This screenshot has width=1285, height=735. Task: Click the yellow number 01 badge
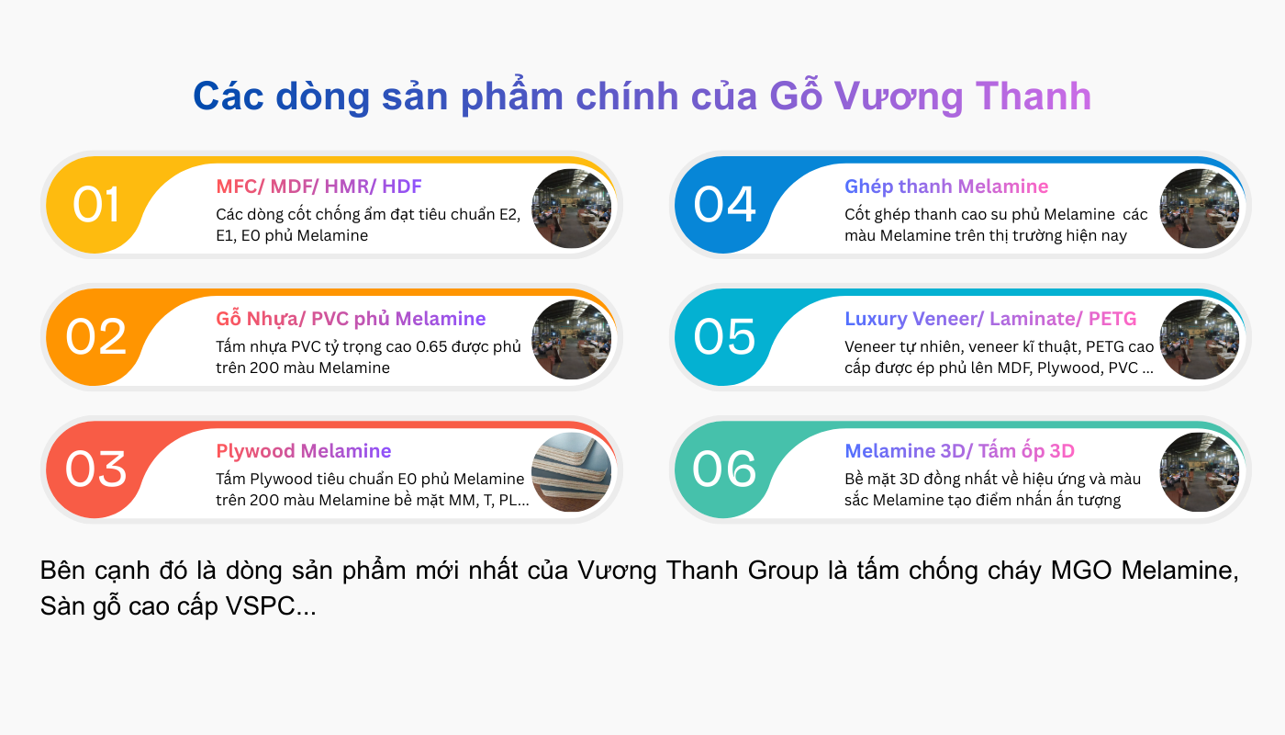pos(96,205)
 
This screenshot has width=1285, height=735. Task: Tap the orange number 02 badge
pos(96,337)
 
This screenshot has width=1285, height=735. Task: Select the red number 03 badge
pos(96,469)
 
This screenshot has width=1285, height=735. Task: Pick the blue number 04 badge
pos(725,205)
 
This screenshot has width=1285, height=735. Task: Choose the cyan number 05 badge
pos(725,337)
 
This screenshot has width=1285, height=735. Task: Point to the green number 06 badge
pos(725,469)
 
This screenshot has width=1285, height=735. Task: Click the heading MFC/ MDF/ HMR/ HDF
pos(318,187)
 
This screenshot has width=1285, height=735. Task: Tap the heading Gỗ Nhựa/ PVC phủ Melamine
pos(351,319)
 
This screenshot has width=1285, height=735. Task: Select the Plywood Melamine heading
pos(304,451)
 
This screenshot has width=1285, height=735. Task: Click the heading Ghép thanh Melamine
pos(946,187)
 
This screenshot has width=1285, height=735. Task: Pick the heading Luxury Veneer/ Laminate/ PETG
pos(990,319)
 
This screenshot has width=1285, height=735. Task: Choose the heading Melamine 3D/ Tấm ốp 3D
pos(959,451)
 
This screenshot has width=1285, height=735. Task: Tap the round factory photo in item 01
pos(572,208)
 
